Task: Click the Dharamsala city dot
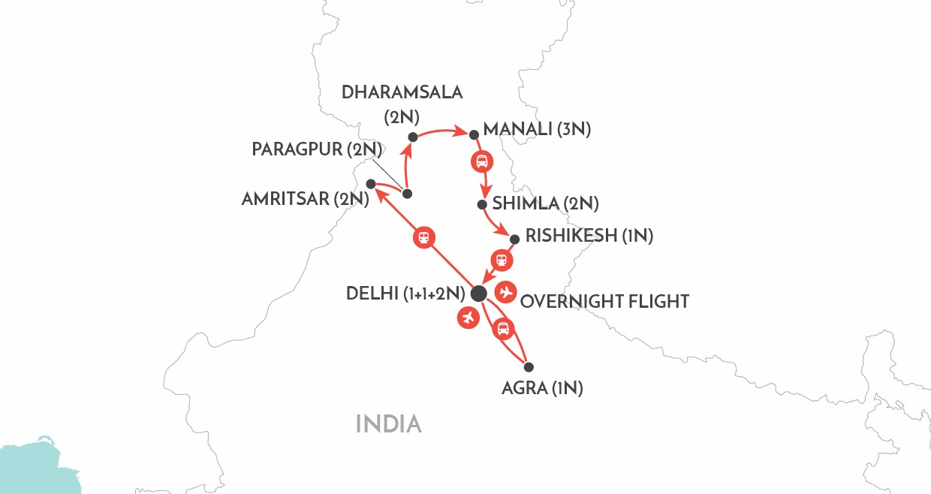pos(412,137)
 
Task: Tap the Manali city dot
pos(474,135)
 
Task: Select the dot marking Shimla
pos(482,204)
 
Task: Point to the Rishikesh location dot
pos(514,240)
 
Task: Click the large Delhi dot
pos(478,293)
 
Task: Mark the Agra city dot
pos(529,367)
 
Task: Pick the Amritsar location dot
pos(370,184)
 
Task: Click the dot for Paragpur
pos(407,194)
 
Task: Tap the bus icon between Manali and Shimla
pos(481,161)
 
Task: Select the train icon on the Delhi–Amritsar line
pos(424,237)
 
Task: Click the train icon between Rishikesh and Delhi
pos(502,261)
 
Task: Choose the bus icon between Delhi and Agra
pos(503,328)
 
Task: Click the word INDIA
pos(388,424)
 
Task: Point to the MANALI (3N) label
pos(537,129)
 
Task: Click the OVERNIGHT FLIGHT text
pos(604,302)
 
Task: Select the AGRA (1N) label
pos(542,389)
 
